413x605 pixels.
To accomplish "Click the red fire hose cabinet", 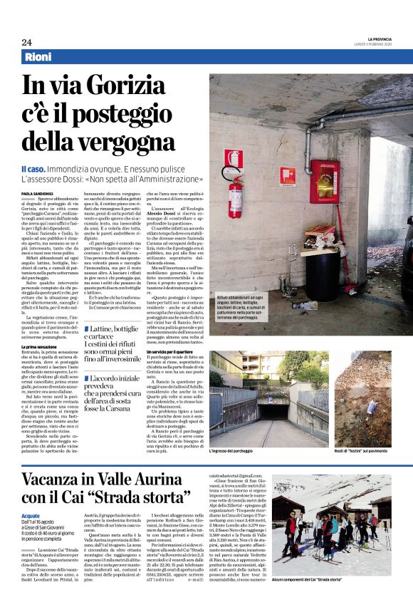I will click(x=323, y=181).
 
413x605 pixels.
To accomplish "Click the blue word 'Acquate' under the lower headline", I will click(x=31, y=515).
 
